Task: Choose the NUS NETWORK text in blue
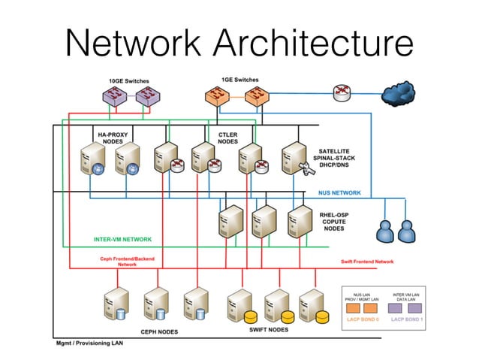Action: click(339, 193)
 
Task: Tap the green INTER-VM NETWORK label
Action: click(122, 240)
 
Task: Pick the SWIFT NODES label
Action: click(268, 329)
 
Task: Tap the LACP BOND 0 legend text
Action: click(363, 319)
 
